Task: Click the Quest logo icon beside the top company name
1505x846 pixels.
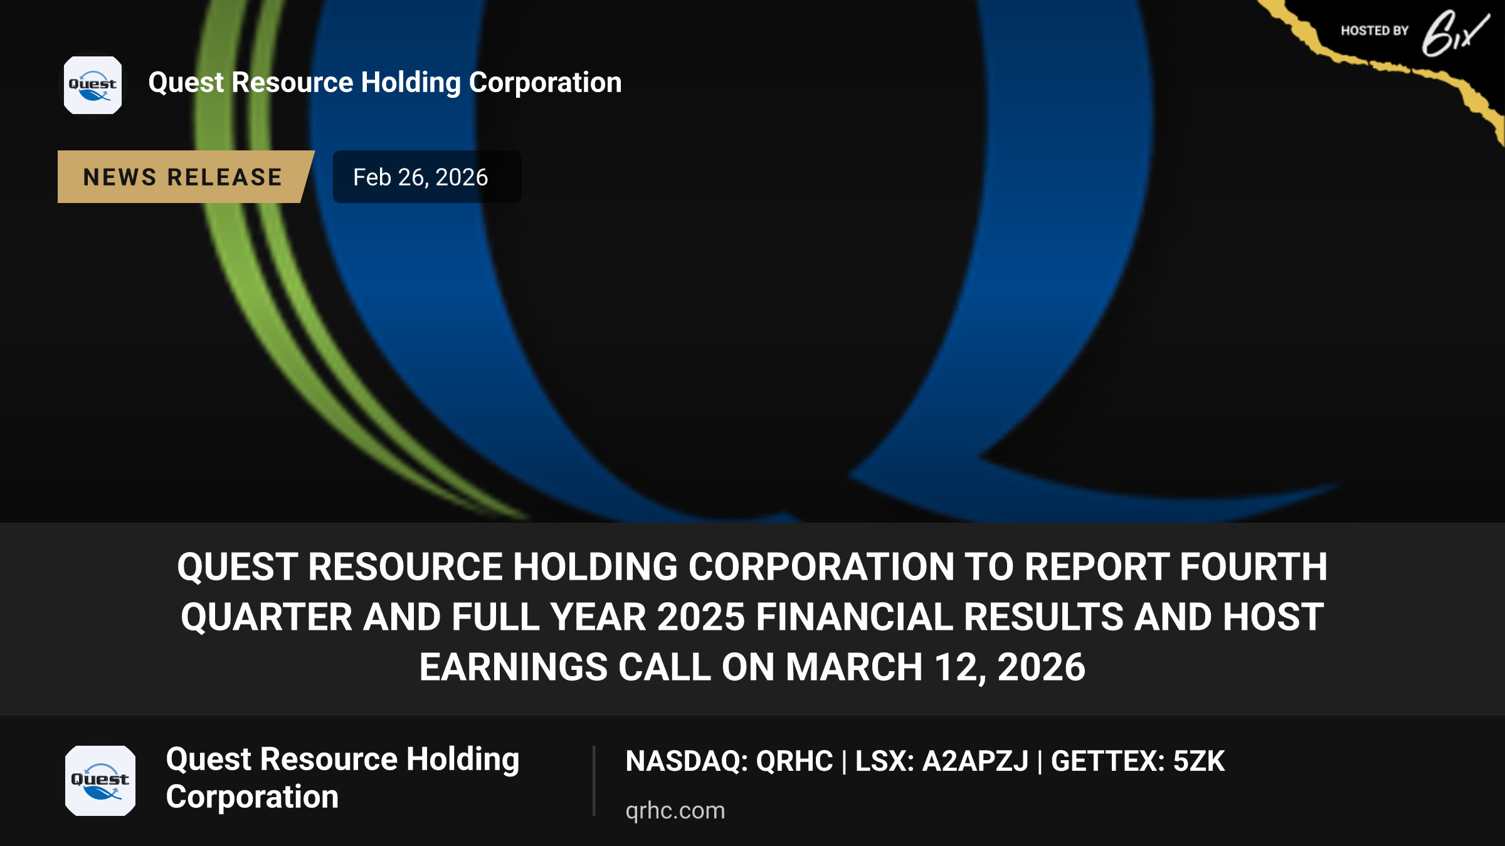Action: click(x=93, y=85)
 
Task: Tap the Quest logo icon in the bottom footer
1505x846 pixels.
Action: click(x=100, y=781)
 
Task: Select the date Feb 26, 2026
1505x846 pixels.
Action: click(x=420, y=177)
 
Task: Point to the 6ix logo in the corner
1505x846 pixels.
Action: click(x=1454, y=33)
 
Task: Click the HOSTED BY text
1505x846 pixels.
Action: click(x=1375, y=31)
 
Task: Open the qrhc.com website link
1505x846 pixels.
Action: click(x=675, y=810)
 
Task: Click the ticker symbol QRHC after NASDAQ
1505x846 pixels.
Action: click(x=795, y=761)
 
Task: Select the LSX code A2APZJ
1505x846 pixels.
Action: click(x=975, y=761)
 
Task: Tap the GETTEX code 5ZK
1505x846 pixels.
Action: click(x=1199, y=761)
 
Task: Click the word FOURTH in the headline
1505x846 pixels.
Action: click(x=1254, y=567)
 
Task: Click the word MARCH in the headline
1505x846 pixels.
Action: click(x=854, y=667)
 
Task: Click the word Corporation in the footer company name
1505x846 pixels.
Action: click(x=252, y=796)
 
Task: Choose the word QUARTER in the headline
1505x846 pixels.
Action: click(x=267, y=617)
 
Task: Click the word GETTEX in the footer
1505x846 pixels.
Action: click(x=1107, y=761)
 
